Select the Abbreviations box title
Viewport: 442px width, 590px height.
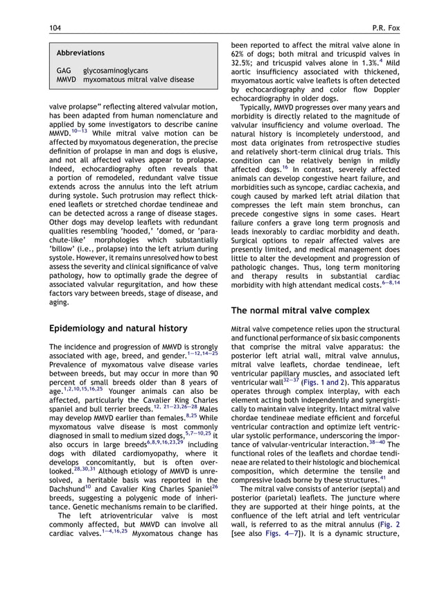coord(80,53)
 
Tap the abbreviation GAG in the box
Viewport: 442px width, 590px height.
coord(64,71)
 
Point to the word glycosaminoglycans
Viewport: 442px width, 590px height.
coord(116,71)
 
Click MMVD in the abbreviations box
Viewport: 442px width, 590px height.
coord(67,80)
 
